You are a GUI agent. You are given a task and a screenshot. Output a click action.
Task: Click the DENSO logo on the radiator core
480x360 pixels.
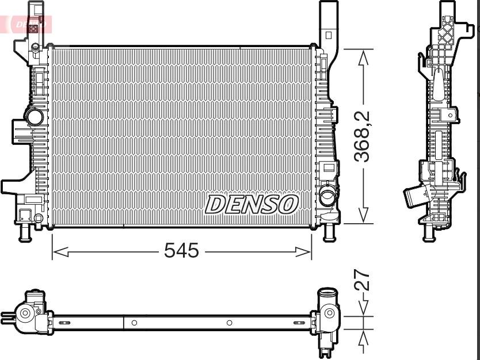point(252,204)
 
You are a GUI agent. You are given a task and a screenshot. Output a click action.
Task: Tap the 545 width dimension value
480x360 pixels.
point(181,251)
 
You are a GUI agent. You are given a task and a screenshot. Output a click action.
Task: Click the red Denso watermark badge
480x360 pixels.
point(29,24)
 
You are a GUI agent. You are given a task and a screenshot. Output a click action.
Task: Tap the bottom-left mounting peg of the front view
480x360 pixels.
point(25,231)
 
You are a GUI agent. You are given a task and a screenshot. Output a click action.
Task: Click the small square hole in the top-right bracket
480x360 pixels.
point(329,35)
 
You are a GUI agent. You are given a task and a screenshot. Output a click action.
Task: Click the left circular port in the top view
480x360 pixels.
point(25,314)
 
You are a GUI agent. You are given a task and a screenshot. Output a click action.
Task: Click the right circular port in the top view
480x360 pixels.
point(329,313)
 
